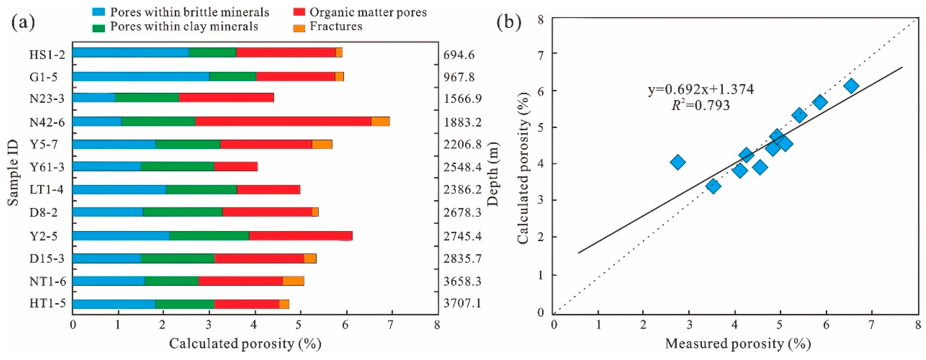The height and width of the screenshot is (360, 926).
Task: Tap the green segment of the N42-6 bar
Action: pyautogui.click(x=159, y=122)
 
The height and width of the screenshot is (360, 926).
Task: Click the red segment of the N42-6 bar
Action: pyautogui.click(x=283, y=122)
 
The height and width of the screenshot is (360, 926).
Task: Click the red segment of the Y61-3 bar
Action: pyautogui.click(x=236, y=167)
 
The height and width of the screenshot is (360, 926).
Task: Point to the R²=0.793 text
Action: pyautogui.click(x=701, y=105)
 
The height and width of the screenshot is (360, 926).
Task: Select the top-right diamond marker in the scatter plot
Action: pyautogui.click(x=851, y=86)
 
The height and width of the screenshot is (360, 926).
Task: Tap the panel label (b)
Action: pyautogui.click(x=508, y=22)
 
